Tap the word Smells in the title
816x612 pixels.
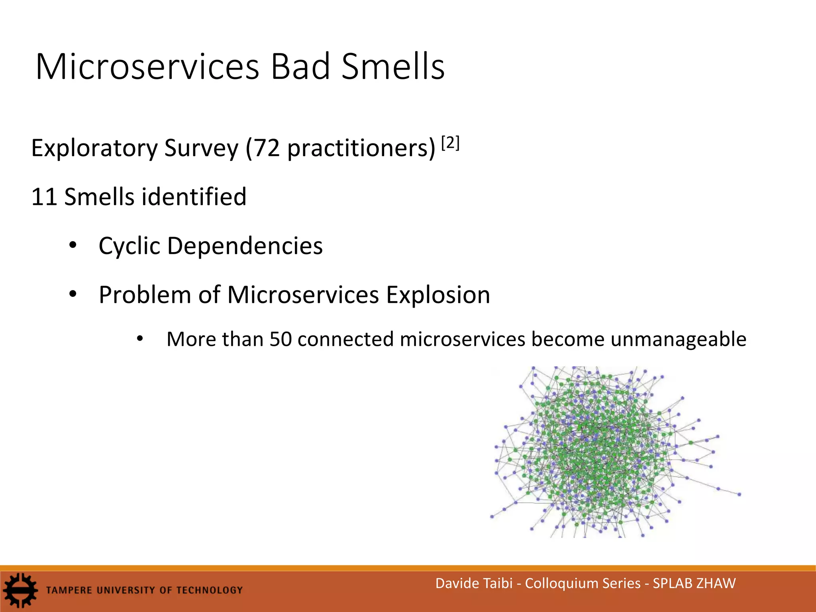tap(393, 67)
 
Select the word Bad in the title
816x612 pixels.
tap(300, 67)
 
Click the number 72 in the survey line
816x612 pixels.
tap(267, 148)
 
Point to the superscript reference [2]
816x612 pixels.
tap(451, 143)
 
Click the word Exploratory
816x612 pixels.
tap(94, 148)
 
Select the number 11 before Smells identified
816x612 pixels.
tap(44, 197)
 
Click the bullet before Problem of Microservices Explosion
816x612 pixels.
tap(73, 294)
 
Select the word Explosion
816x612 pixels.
tap(438, 295)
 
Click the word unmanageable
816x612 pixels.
tap(678, 339)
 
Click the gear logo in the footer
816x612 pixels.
tap(20, 590)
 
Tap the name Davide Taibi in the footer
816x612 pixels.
tap(474, 583)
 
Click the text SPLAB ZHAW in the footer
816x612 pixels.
tap(694, 583)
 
